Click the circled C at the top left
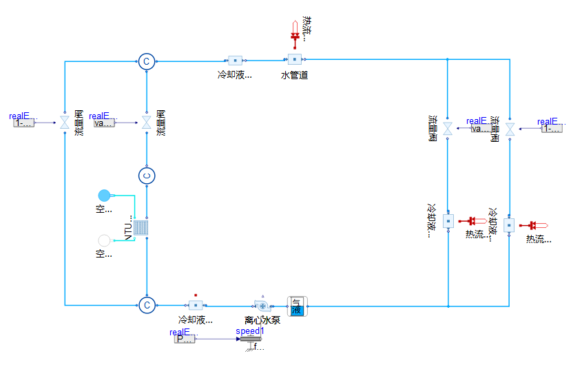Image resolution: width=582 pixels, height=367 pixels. point(146,61)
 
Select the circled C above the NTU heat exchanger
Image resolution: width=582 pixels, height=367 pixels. point(146,176)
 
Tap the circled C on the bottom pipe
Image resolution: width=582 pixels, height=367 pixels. point(146,305)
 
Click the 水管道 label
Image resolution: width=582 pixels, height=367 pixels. point(294,75)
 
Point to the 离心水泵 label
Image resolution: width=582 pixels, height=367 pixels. point(262,319)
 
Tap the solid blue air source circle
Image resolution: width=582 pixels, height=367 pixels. point(104,196)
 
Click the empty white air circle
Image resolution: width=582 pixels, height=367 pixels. point(104,240)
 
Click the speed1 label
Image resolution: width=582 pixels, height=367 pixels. point(249,331)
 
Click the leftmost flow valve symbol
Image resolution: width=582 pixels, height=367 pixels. point(65,123)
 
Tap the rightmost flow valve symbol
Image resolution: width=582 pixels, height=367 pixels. point(510,129)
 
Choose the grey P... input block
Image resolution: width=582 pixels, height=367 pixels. point(185,339)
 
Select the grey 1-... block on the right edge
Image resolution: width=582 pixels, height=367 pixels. point(552,128)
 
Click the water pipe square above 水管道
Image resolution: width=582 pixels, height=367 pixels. point(294,60)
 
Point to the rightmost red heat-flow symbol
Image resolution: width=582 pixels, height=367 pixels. point(533,225)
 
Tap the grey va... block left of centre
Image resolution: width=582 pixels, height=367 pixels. point(103,123)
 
